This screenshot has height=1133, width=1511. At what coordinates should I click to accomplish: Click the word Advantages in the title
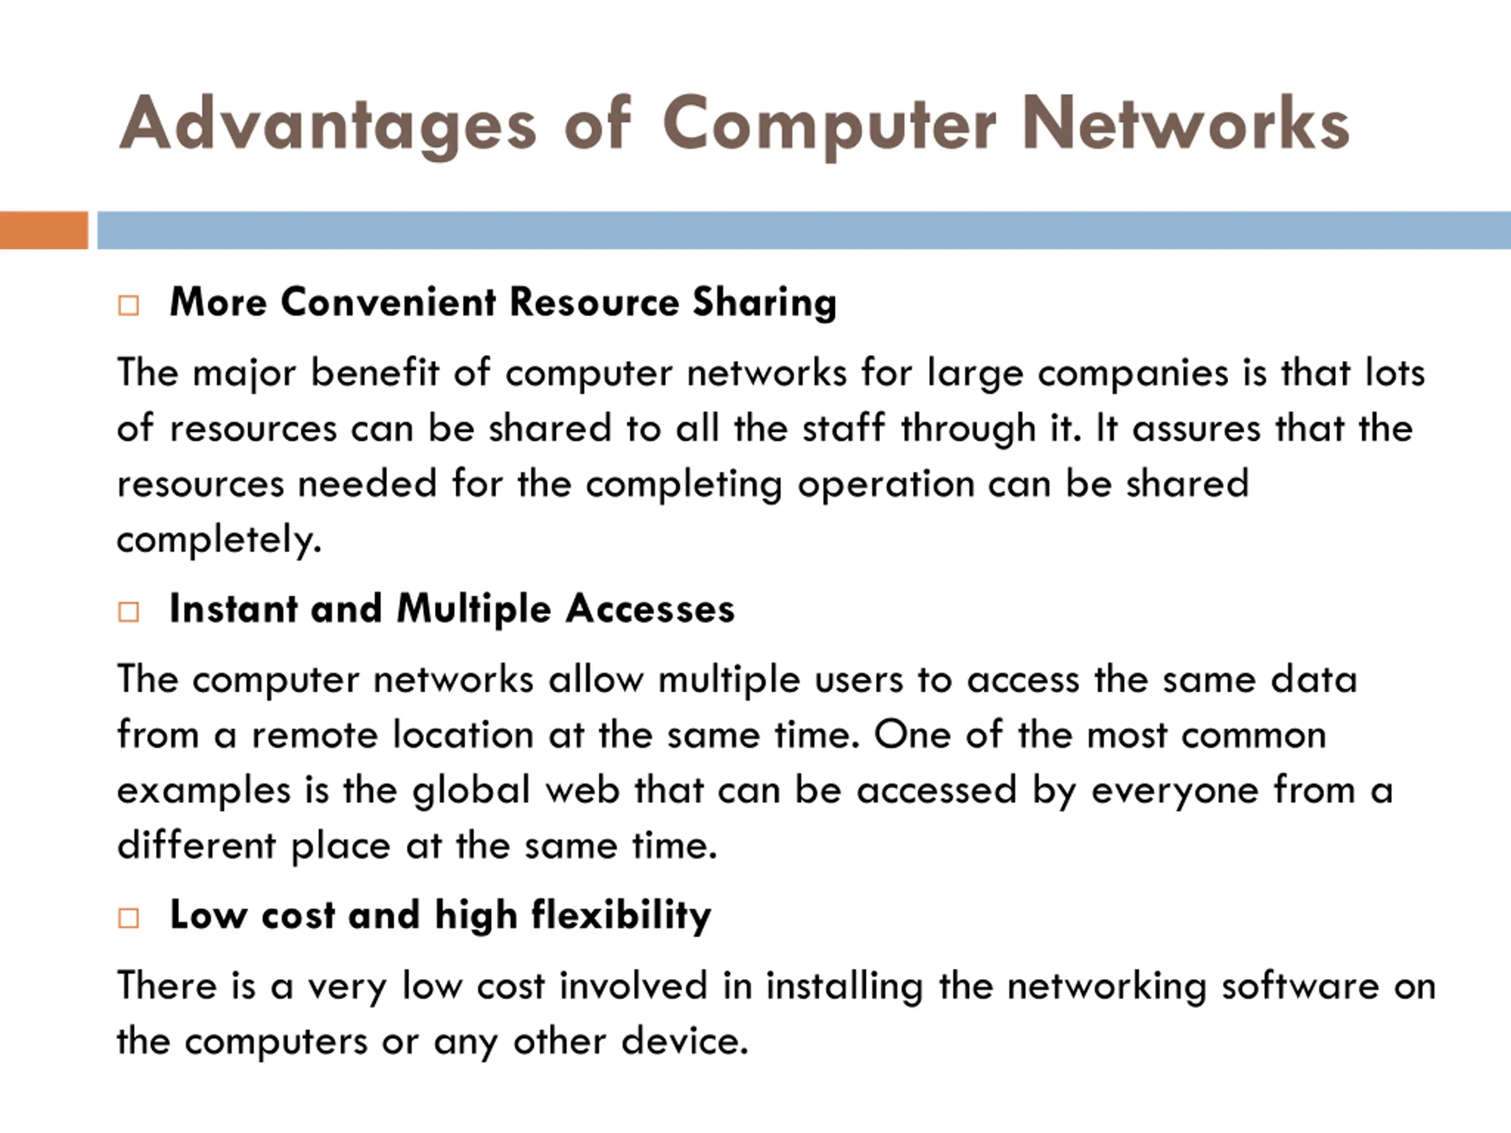[326, 125]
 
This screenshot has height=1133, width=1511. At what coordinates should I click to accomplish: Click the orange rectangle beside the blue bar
[44, 230]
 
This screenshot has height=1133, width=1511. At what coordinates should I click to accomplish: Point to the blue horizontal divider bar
[803, 230]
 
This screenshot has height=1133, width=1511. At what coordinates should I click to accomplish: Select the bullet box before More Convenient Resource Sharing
[129, 304]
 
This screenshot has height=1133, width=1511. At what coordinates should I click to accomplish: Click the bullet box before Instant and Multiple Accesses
[129, 611]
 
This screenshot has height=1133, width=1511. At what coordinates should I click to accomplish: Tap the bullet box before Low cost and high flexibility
[129, 917]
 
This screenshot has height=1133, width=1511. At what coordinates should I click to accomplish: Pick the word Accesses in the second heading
[650, 608]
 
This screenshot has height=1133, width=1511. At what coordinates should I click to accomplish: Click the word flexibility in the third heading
[621, 916]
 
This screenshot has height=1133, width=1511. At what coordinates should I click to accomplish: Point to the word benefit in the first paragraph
[374, 373]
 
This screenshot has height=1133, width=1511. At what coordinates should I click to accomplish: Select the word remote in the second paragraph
[314, 735]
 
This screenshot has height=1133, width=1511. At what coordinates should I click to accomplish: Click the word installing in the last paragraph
[844, 987]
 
